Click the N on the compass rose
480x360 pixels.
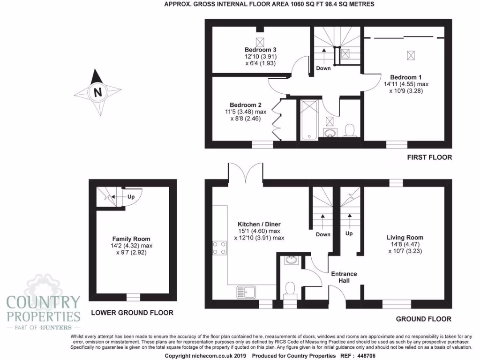pos(97,92)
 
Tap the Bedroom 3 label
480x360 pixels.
pos(260,50)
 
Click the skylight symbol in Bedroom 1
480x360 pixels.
pos(411,56)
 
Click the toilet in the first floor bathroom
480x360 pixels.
pos(349,129)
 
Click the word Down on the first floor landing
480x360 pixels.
pos(323,68)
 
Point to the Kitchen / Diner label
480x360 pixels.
pos(259,224)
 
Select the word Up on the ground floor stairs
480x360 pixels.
pos(349,233)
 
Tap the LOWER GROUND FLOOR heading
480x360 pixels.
pos(132,313)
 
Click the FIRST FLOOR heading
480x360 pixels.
pos(429,157)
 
